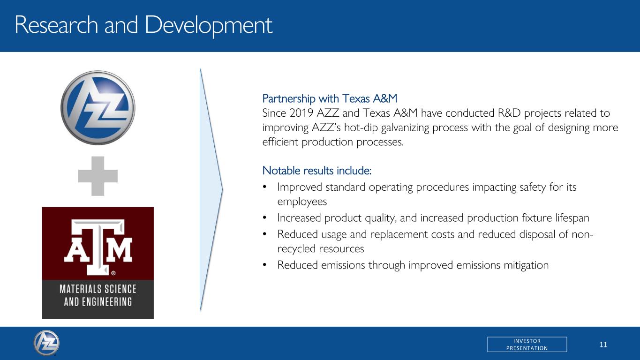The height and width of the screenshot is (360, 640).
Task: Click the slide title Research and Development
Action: pyautogui.click(x=143, y=25)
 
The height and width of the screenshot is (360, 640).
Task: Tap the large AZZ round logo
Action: pyautogui.click(x=98, y=108)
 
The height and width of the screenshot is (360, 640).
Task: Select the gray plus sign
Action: pyautogui.click(x=98, y=176)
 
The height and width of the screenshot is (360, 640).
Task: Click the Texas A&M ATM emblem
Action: pyautogui.click(x=98, y=247)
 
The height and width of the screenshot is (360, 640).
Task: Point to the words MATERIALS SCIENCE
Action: pyautogui.click(x=98, y=289)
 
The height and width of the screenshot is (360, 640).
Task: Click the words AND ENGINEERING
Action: pyautogui.click(x=98, y=302)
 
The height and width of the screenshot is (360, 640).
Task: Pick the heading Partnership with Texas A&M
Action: pyautogui.click(x=330, y=98)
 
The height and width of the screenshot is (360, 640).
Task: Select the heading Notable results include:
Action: pyautogui.click(x=317, y=171)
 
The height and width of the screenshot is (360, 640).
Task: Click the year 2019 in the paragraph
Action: pyautogui.click(x=301, y=113)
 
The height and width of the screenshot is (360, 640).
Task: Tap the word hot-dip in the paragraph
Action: pyautogui.click(x=361, y=127)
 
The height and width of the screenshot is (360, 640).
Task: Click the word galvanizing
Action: pyautogui.click(x=405, y=127)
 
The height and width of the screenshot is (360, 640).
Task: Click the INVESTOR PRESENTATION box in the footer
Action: pyautogui.click(x=527, y=344)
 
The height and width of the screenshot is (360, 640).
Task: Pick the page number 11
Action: pyautogui.click(x=603, y=345)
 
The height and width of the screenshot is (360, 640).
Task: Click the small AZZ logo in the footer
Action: pyautogui.click(x=46, y=343)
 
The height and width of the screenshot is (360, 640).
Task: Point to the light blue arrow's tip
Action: pyautogui.click(x=222, y=189)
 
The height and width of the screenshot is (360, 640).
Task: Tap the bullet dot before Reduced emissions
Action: pyautogui.click(x=264, y=265)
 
